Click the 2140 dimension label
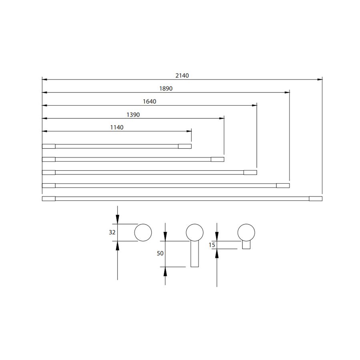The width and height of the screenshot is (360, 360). click(182, 76)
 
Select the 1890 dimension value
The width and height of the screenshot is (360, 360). click(166, 88)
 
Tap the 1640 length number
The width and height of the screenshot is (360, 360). click(150, 102)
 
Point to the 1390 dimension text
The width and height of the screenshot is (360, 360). click(133, 114)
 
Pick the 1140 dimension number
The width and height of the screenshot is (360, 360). click(117, 127)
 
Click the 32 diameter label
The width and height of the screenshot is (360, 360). click(112, 232)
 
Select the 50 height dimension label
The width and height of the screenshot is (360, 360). click(160, 253)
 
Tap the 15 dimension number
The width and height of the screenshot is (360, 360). click(212, 245)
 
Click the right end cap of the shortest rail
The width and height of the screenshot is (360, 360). click(185, 146)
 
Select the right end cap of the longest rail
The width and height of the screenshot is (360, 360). click(316, 198)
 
